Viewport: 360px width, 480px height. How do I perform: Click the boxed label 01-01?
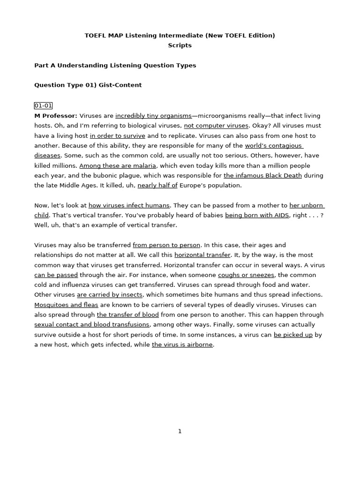click(x=43, y=105)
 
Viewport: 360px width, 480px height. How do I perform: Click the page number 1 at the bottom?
click(x=180, y=431)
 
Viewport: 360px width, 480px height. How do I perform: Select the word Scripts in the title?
click(x=180, y=45)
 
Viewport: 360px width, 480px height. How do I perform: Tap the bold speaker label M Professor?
click(x=56, y=116)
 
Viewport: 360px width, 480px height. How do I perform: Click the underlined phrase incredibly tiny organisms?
click(x=153, y=116)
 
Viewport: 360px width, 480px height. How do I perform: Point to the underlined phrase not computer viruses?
click(x=216, y=126)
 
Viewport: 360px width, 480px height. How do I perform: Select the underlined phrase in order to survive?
click(x=118, y=136)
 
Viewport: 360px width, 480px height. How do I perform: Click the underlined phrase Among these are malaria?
click(x=118, y=165)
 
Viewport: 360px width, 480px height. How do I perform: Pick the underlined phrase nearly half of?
click(x=157, y=186)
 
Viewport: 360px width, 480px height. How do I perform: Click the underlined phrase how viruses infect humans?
click(x=129, y=205)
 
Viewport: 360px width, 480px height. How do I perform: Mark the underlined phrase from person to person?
click(x=166, y=245)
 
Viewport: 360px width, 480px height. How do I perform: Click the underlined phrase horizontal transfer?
click(x=202, y=255)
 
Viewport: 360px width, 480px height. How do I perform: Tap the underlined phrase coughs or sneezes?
click(x=246, y=275)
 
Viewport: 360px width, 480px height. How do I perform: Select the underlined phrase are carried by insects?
click(x=110, y=295)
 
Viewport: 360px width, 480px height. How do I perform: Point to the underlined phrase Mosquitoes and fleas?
click(x=66, y=305)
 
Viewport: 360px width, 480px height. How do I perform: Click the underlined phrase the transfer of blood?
click(x=128, y=315)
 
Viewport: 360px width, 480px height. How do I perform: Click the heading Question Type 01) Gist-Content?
click(x=88, y=85)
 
